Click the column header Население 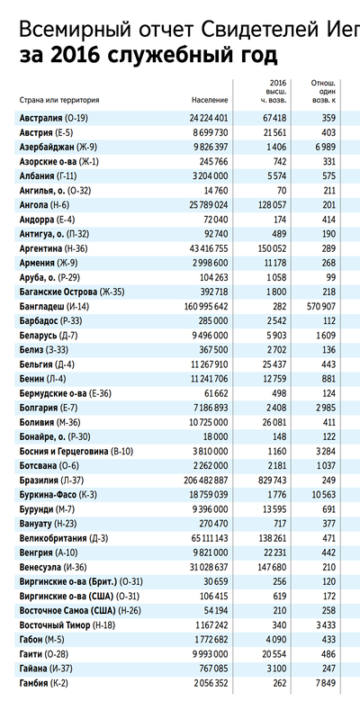[210, 100]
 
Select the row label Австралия [41, 119]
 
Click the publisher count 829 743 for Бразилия [273, 481]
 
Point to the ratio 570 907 [321, 306]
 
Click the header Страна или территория [59, 100]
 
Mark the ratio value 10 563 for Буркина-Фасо [324, 495]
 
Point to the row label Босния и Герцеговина [64, 452]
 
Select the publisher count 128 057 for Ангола [273, 205]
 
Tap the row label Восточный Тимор [55, 625]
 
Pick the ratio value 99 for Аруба [331, 277]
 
